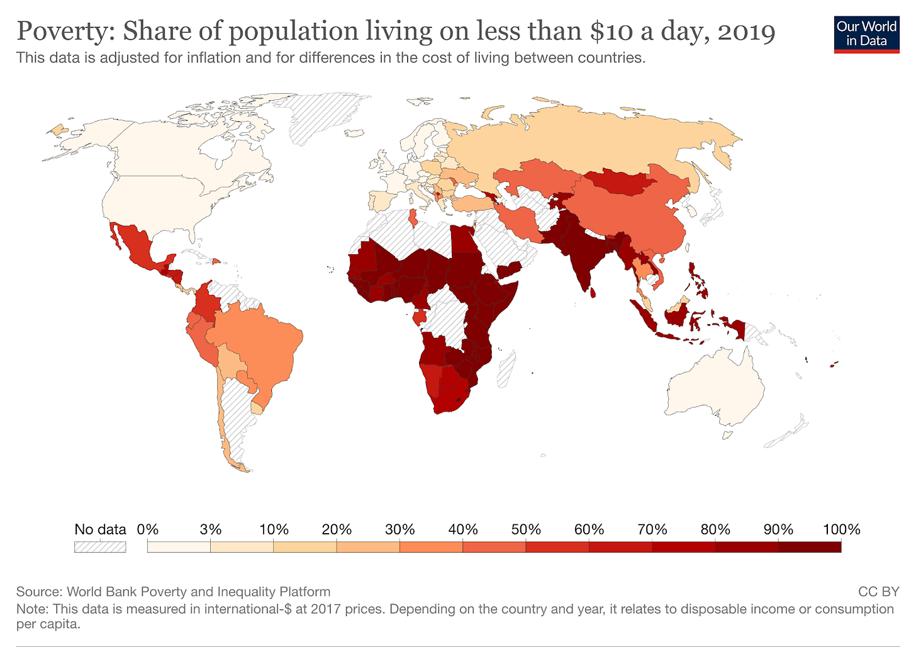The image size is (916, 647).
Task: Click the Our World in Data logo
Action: pos(866,34)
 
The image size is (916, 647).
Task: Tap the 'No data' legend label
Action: pos(100,529)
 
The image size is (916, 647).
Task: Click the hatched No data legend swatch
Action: pos(100,547)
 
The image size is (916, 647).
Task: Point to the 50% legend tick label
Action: pos(526,529)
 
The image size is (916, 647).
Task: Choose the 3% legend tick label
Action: pos(211,529)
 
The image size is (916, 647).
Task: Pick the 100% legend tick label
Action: pos(841,529)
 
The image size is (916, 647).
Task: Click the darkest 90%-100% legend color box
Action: pos(810,547)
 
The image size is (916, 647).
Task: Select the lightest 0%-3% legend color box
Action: pos(179,547)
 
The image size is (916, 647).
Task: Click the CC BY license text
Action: pos(878,592)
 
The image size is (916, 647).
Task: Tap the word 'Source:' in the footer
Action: pos(39,592)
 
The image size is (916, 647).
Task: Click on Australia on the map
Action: pos(717,387)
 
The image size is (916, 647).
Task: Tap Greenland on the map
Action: pos(321,116)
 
